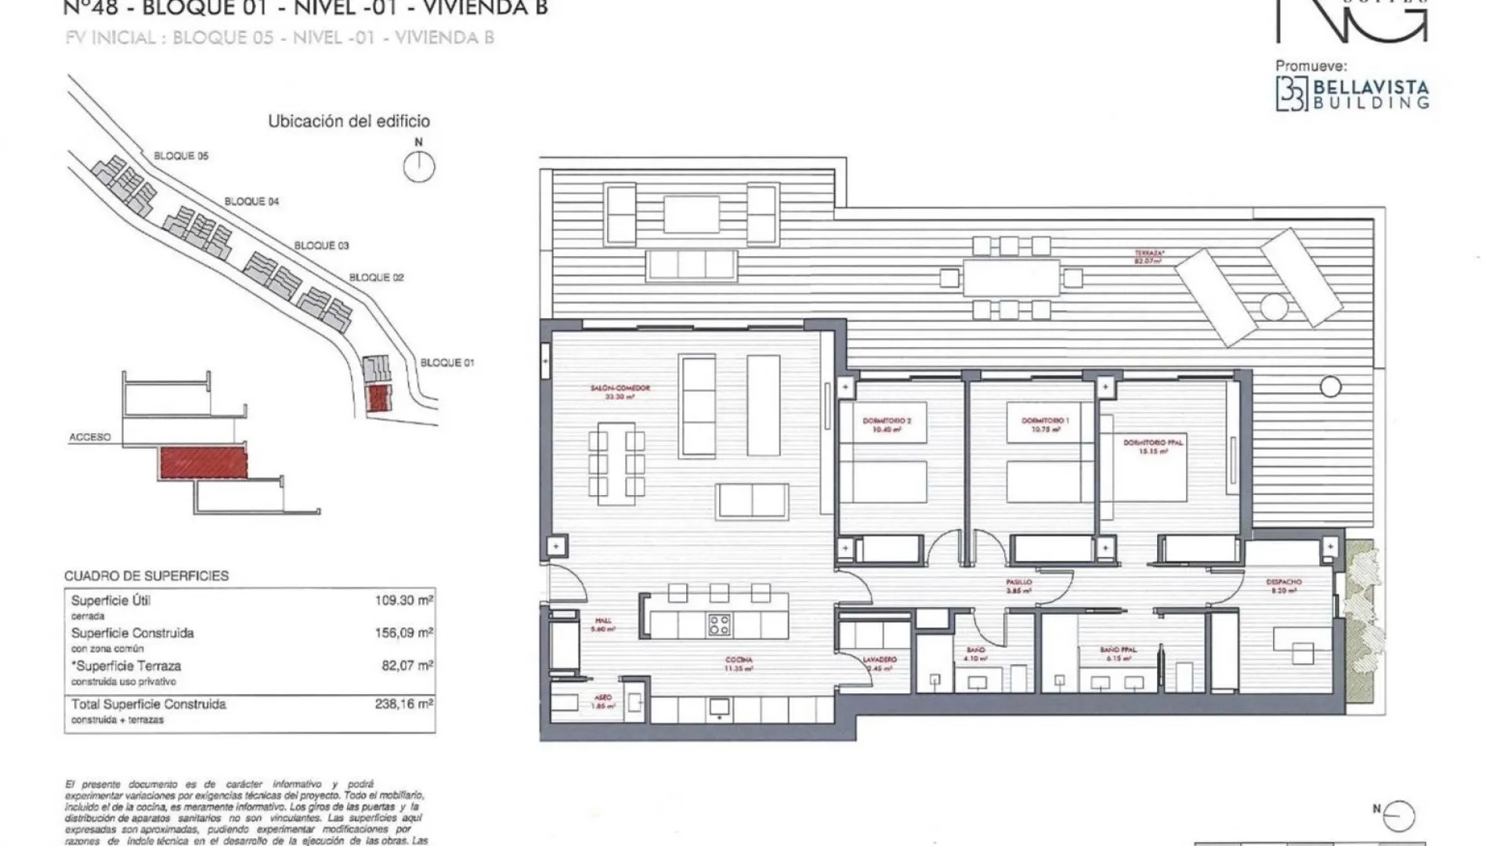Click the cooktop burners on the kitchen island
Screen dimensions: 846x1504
[719, 624]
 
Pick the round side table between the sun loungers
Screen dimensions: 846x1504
[1274, 307]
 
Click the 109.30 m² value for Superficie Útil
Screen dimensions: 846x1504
[403, 601]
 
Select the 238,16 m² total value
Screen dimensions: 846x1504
[403, 704]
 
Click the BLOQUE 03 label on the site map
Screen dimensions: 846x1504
[321, 245]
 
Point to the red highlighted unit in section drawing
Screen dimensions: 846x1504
[204, 463]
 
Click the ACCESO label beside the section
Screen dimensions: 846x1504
[90, 437]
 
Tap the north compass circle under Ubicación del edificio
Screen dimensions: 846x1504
[419, 167]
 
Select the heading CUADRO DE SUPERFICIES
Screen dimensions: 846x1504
[146, 576]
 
